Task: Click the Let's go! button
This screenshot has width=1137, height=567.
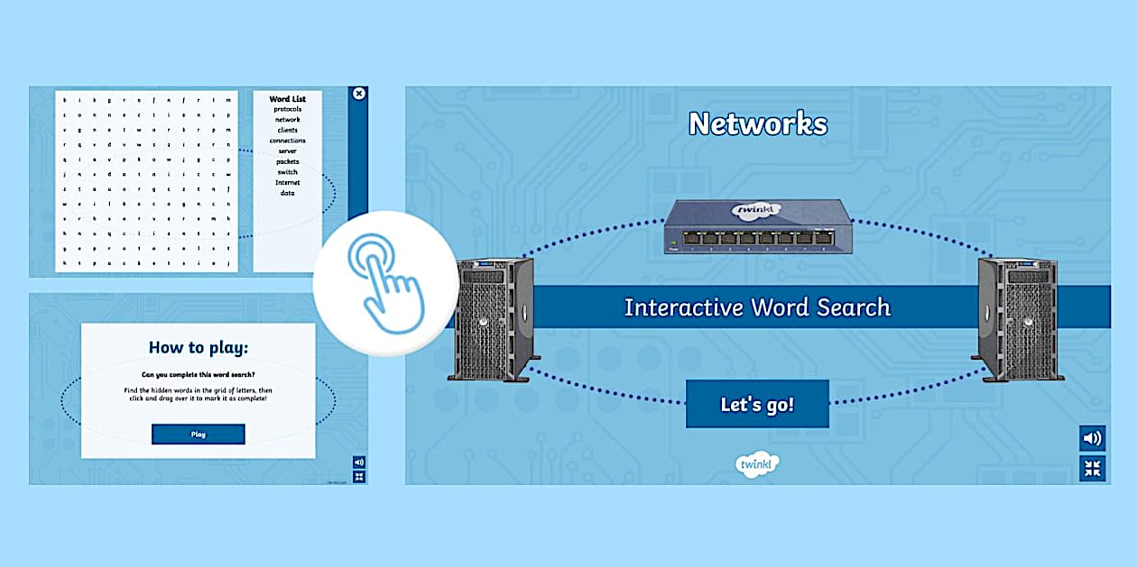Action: (757, 404)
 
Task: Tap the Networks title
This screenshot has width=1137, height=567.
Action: (757, 123)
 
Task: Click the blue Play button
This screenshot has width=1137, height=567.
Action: (199, 434)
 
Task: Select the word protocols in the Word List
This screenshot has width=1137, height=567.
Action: (288, 109)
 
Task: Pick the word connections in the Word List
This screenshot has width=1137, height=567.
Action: (288, 141)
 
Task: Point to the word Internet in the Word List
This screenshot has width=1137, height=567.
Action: (288, 182)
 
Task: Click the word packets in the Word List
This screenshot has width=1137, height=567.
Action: (288, 161)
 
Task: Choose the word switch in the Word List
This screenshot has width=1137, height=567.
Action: (288, 171)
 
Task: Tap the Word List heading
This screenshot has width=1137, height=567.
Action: (288, 98)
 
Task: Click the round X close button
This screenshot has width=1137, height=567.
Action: (358, 94)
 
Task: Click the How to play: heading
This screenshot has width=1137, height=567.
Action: (198, 348)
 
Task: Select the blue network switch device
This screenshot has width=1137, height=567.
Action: (757, 226)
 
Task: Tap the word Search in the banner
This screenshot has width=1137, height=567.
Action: (848, 307)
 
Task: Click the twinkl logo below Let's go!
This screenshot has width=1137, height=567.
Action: (756, 463)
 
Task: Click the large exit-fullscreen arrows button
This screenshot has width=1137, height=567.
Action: (1092, 468)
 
